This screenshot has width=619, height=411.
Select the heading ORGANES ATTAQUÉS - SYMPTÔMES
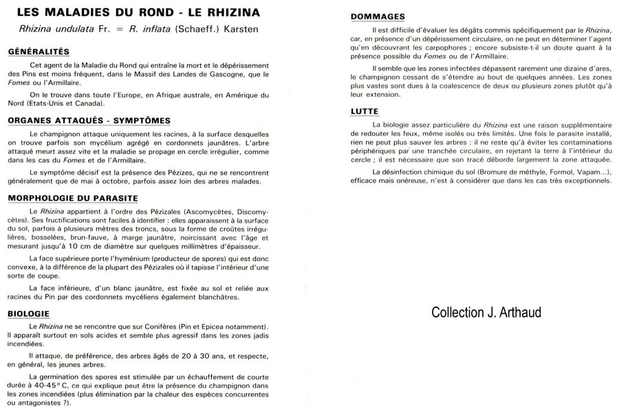click(89, 120)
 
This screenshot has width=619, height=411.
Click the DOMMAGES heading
click(378, 16)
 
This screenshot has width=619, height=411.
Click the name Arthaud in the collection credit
click(517, 312)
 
